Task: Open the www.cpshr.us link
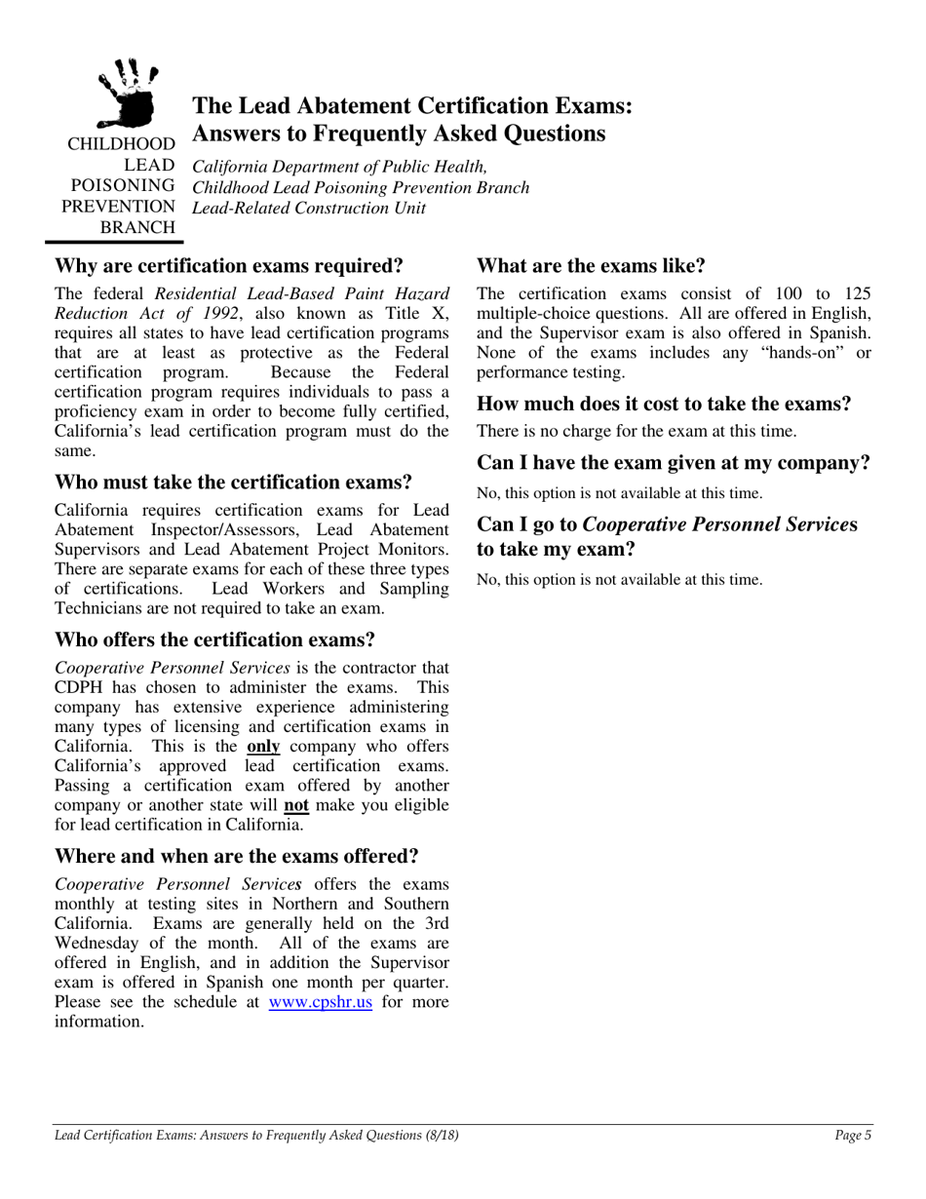point(320,1002)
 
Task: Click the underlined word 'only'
point(263,746)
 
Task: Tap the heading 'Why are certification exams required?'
point(229,266)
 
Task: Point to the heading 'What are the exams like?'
point(590,266)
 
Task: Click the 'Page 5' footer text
point(853,1135)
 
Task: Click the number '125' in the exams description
point(855,293)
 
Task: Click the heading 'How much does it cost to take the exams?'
point(664,404)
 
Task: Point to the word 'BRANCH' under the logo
point(139,227)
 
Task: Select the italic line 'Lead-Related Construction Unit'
point(309,207)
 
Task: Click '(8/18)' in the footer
point(440,1135)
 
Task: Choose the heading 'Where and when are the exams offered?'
point(237,857)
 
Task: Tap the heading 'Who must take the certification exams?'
point(233,483)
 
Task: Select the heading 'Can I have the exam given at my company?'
point(673,463)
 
